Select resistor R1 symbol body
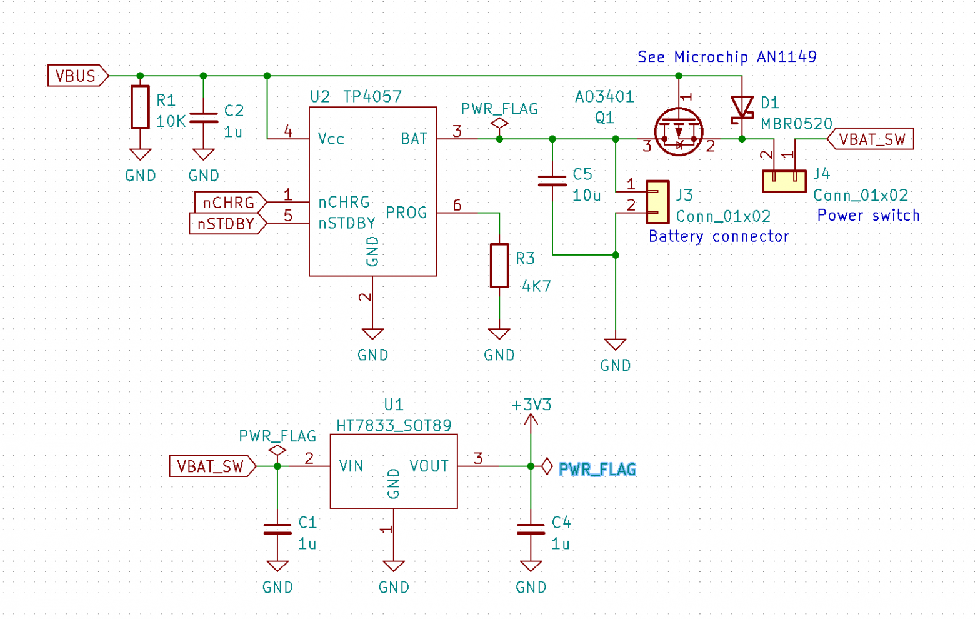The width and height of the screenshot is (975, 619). point(140,107)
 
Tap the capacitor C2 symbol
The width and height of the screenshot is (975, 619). point(203,118)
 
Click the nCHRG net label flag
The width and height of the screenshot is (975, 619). point(229,203)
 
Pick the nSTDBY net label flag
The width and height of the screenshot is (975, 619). point(226,224)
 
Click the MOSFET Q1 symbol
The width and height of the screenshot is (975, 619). point(679,132)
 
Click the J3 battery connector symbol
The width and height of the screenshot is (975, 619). point(657,202)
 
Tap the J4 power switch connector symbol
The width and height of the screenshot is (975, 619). point(784,180)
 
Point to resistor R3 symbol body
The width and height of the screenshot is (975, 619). point(499,265)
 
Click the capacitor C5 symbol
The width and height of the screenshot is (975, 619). point(552,181)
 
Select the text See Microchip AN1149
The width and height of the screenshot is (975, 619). point(726,57)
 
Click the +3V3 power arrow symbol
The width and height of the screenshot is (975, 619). point(531,422)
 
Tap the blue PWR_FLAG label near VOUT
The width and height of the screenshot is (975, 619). point(597,470)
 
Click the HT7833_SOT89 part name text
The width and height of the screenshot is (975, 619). point(394,426)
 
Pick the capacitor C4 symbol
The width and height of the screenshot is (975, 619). point(531,530)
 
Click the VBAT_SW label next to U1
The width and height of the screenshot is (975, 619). point(211,466)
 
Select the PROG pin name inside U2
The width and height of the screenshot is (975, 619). point(406,213)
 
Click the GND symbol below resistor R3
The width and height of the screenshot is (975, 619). point(499,335)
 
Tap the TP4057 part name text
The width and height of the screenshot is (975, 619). point(372,96)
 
